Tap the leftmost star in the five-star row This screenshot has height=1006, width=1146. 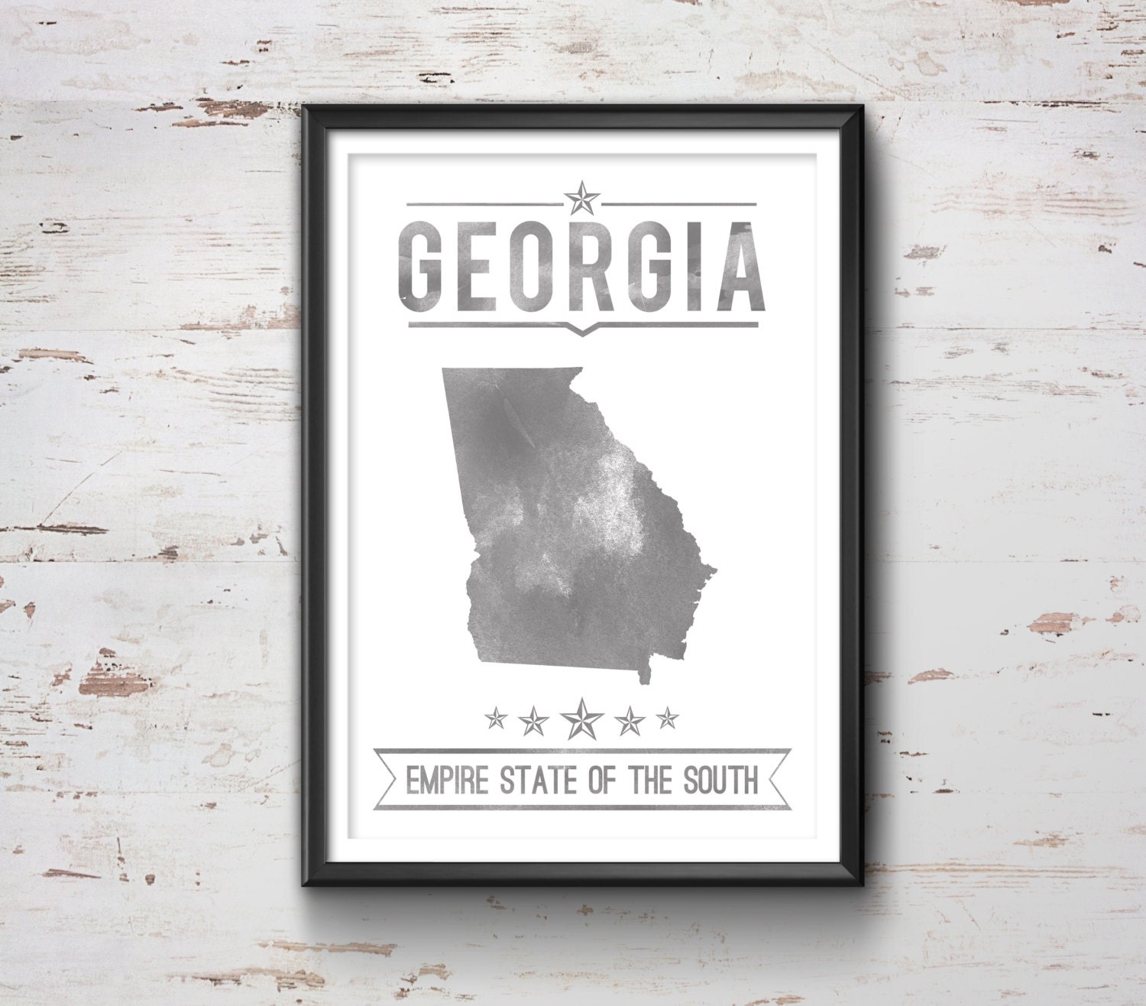(x=497, y=718)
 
